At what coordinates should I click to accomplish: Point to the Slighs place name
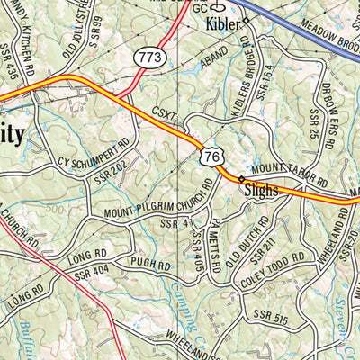coord(262,192)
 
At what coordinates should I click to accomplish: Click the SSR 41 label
coord(176,222)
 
